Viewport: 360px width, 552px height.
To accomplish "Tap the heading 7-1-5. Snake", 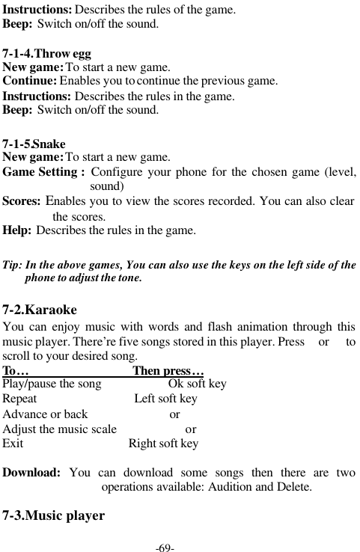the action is pyautogui.click(x=34, y=144).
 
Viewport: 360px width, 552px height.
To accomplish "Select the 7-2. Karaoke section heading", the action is pyautogui.click(x=40, y=309).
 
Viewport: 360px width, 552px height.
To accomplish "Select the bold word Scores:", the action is pyautogui.click(x=22, y=201).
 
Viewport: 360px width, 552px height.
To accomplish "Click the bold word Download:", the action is pyautogui.click(x=32, y=473).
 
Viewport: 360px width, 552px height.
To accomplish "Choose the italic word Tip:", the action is pyautogui.click(x=12, y=266).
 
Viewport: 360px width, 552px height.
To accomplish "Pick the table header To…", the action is pyautogui.click(x=16, y=371).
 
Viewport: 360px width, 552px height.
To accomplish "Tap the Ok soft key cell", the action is pyautogui.click(x=198, y=384).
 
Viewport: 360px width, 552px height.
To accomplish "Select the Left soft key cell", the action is pyautogui.click(x=165, y=399).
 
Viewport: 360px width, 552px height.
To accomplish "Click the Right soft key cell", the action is pyautogui.click(x=163, y=444).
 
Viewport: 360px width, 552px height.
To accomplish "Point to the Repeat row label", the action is pyautogui.click(x=20, y=399).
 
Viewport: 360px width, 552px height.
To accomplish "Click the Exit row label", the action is pyautogui.click(x=13, y=444).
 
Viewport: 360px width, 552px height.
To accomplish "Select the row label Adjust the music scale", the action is pyautogui.click(x=60, y=429).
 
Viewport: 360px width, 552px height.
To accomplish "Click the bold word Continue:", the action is pyautogui.click(x=30, y=81).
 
